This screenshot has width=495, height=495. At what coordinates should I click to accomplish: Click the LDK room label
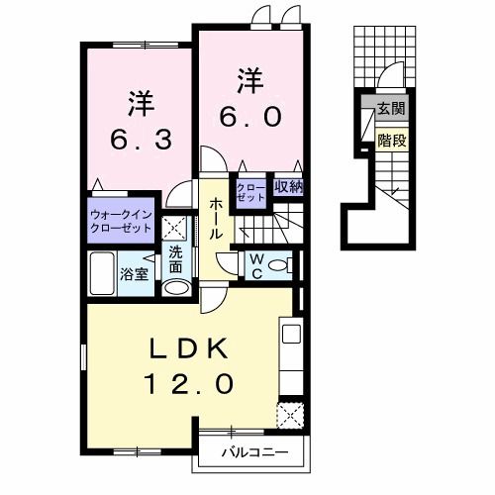coord(189,348)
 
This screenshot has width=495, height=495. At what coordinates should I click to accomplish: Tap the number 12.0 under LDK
coord(189,384)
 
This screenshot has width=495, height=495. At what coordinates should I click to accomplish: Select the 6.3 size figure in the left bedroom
coord(142,140)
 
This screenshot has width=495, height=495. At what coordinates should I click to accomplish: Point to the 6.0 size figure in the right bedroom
coord(250,117)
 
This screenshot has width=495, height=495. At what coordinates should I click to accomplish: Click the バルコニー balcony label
coord(254,452)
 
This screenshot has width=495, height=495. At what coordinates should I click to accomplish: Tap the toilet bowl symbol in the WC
coord(280,265)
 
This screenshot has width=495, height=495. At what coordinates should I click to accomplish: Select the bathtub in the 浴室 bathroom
coord(102,273)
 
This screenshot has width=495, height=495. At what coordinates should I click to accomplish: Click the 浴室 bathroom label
coord(134,273)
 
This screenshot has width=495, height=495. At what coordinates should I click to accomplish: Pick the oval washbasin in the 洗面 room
coord(177,287)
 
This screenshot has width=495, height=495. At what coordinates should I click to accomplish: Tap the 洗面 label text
coord(175,259)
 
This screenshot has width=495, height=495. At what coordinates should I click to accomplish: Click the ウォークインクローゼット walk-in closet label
coord(121,221)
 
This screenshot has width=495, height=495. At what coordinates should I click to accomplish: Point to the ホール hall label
coord(215,219)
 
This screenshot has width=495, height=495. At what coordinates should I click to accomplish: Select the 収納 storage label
coord(288,187)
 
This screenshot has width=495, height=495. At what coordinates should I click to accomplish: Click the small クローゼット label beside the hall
coord(251,192)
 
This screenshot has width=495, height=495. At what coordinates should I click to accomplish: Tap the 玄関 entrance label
coord(391,108)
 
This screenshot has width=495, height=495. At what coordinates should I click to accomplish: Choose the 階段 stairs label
coord(392,141)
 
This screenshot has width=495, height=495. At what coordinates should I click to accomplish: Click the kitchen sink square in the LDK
coord(291,334)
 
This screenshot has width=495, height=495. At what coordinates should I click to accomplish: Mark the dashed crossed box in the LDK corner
coord(290,415)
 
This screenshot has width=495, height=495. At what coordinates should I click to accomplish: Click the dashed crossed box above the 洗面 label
coord(176,228)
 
